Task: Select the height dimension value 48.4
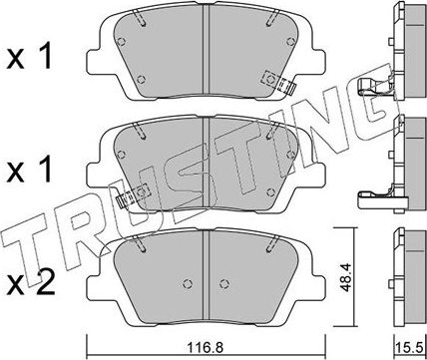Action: pos(347,277)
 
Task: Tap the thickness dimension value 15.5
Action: pos(408,349)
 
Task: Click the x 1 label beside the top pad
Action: pos(29,58)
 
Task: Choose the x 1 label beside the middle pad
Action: pos(29,171)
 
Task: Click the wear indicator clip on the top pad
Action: pos(278,82)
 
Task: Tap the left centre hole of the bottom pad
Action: pos(188,284)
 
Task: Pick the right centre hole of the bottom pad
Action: pos(224,284)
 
